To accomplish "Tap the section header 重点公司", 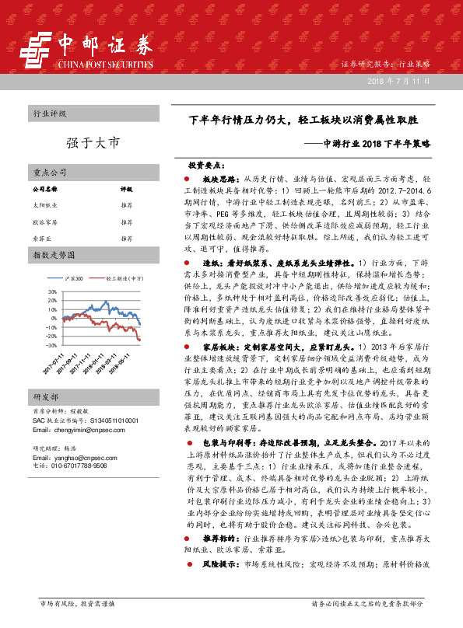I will click(49, 172).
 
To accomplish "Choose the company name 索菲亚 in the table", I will click(40, 238).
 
